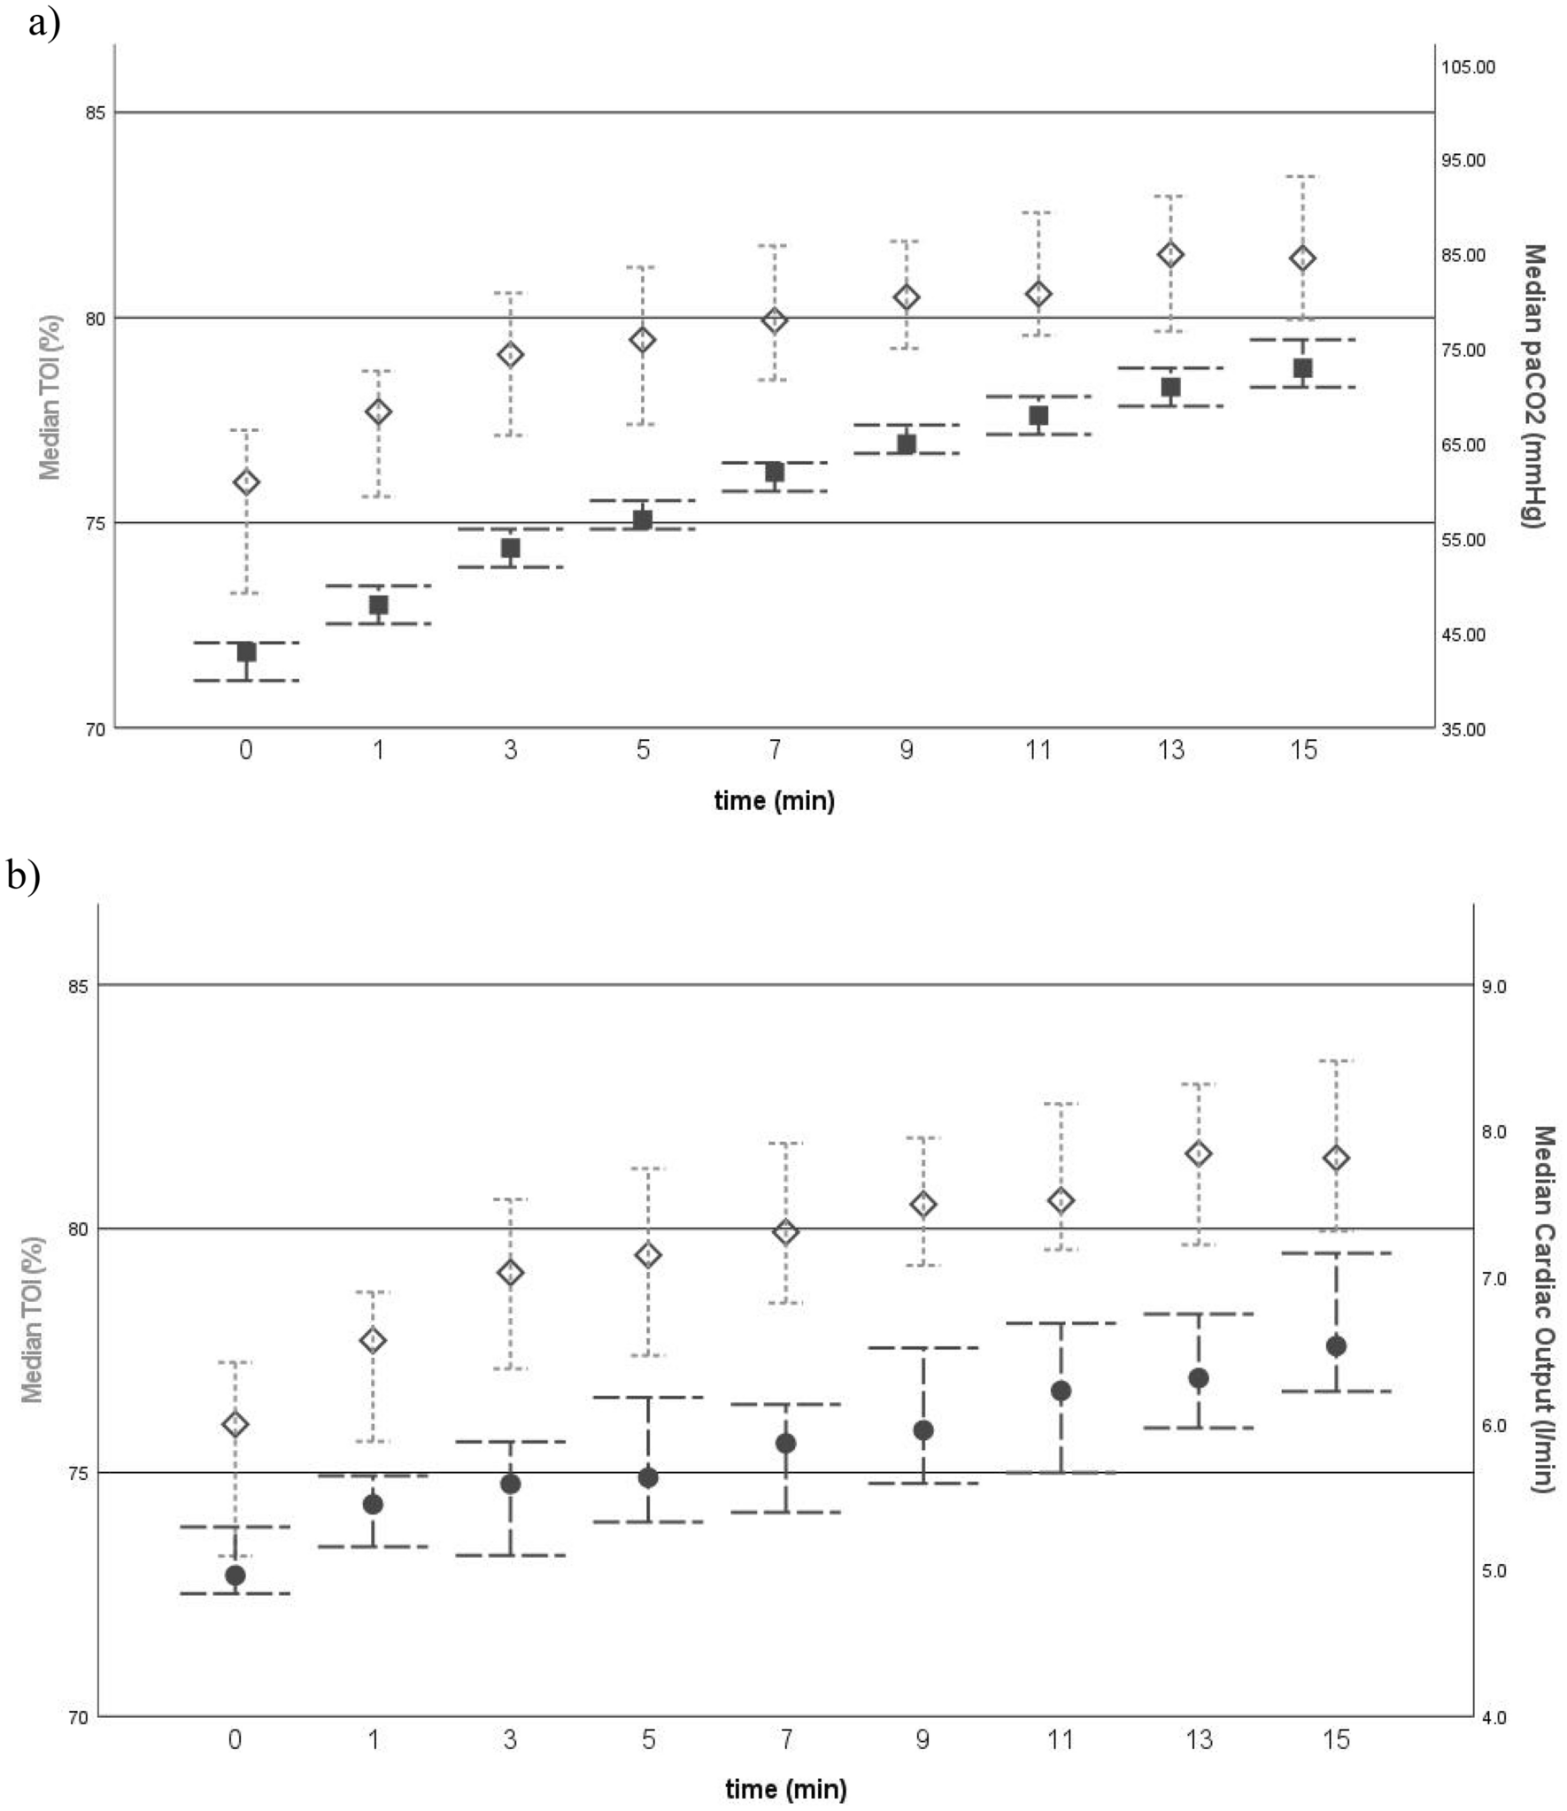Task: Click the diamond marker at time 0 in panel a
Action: point(246,482)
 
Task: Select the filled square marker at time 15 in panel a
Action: point(1302,368)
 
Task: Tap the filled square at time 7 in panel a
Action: point(775,472)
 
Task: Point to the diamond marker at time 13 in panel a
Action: point(1170,255)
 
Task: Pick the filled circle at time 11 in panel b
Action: point(1061,1391)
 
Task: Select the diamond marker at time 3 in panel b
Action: point(511,1272)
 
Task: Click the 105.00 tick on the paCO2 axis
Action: point(1467,67)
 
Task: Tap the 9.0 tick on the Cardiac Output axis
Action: point(1494,986)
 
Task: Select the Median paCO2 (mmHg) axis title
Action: point(1533,386)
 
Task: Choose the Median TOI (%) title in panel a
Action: point(50,397)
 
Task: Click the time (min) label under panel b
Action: point(785,1788)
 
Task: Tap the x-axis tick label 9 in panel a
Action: point(906,751)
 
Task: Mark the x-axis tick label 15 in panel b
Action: point(1335,1740)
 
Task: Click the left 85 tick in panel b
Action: point(79,985)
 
